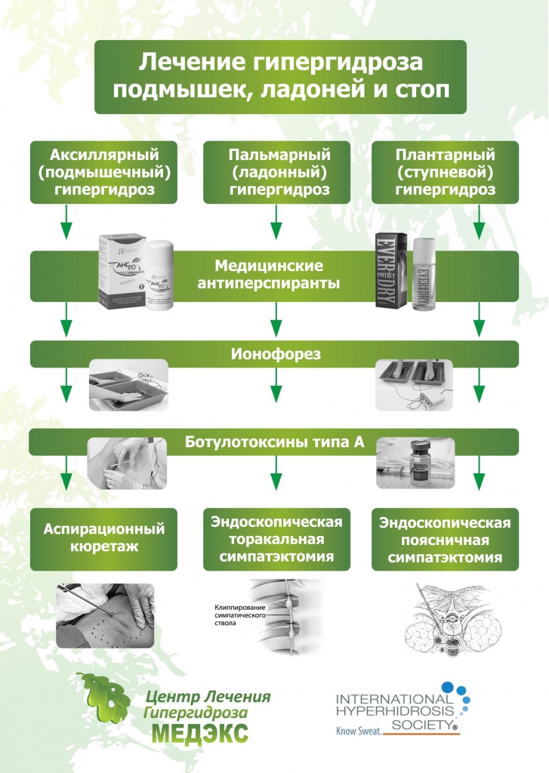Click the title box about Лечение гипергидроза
click(279, 76)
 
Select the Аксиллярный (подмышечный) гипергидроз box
click(104, 172)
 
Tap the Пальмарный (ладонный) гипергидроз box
click(279, 172)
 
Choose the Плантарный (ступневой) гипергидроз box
click(446, 172)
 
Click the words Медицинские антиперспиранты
click(269, 275)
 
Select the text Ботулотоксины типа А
click(274, 442)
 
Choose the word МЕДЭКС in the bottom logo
click(200, 732)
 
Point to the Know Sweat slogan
click(357, 731)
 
